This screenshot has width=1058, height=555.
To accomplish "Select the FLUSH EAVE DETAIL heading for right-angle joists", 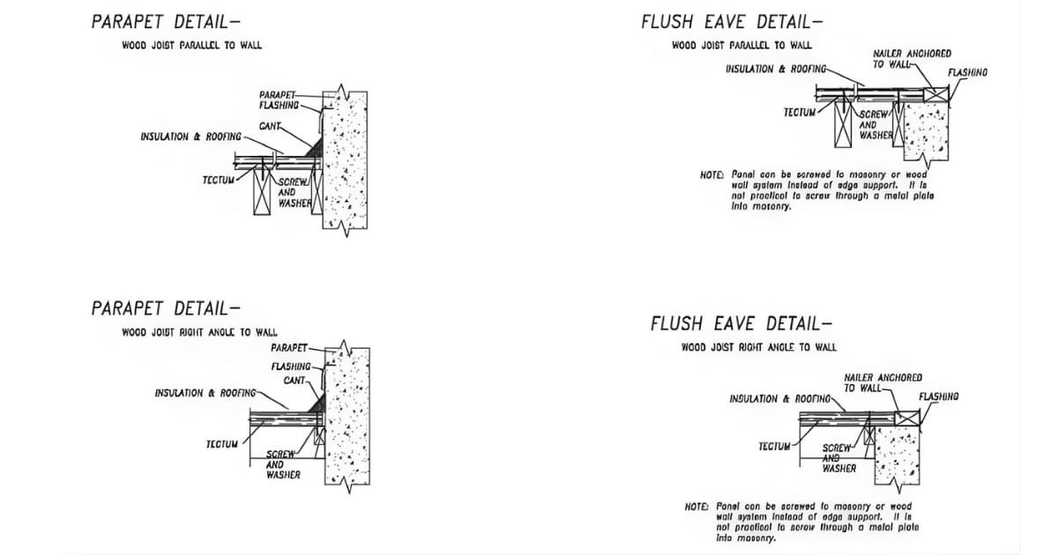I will coord(741,323).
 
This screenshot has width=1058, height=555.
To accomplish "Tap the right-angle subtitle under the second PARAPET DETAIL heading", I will coord(199,332).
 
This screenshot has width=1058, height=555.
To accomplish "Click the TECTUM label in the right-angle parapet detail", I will coord(220,443).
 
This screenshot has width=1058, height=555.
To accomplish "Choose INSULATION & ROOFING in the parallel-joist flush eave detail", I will coord(776,69).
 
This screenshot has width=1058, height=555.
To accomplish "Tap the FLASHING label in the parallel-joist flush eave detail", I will coord(967,71).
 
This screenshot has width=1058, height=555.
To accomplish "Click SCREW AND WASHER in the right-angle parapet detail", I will coord(283,464).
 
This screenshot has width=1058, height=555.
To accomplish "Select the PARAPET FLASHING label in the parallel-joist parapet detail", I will coord(279,100).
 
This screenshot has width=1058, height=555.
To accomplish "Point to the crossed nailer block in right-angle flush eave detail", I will coord(907,418).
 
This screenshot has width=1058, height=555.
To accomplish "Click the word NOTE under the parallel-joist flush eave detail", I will coord(712,176).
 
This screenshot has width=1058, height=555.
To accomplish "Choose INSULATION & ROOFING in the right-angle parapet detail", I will coord(205,393).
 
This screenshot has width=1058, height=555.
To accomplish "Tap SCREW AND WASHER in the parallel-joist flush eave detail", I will coord(875,125).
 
